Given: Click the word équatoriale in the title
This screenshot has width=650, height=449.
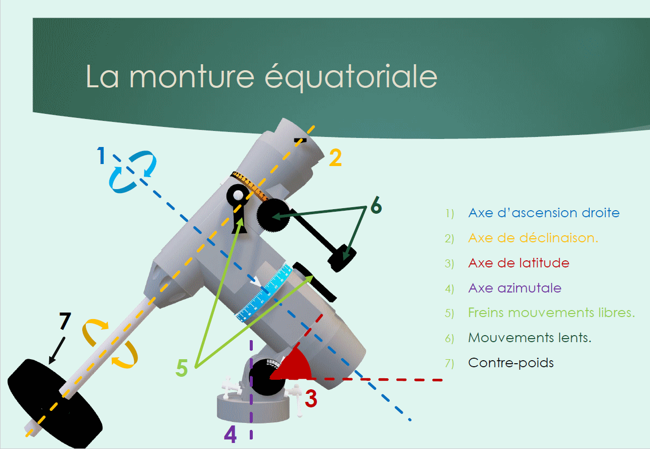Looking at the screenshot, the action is point(351,77).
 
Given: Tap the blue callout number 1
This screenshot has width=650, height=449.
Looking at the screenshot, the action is point(101,156).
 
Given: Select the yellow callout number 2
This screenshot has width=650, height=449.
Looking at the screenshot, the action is point(336,158).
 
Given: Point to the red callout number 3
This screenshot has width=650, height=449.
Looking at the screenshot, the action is point(311,399).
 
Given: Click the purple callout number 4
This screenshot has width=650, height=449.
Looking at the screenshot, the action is point(230,434).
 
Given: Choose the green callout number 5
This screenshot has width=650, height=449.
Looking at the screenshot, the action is point(182,368).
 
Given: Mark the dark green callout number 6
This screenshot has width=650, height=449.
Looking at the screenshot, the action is point(376,205).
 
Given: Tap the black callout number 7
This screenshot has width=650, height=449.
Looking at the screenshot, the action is point(65,321).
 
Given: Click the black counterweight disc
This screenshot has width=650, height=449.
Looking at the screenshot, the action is point(55,403).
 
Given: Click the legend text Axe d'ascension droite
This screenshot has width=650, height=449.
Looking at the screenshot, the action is point(544,213).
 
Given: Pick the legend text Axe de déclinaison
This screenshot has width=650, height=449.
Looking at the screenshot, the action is point(533,238).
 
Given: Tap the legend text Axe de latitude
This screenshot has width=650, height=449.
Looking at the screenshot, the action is point(519,263).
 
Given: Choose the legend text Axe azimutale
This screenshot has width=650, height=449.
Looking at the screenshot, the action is point(515,288).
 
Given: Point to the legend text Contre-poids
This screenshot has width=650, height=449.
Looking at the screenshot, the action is point(511,363).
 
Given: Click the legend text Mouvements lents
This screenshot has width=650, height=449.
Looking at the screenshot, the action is point(530,338).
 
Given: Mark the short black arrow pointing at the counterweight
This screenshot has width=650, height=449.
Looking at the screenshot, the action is point(57,350).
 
